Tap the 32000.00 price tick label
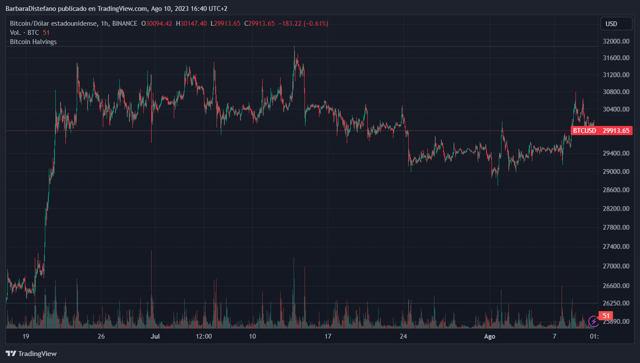[x=616, y=41]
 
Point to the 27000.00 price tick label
[x=616, y=266]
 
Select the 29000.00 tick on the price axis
[x=616, y=172]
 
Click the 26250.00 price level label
[x=616, y=303]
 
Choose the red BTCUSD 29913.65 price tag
[x=601, y=131]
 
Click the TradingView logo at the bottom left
[x=31, y=354]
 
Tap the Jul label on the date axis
[x=155, y=336]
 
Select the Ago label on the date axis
[x=490, y=336]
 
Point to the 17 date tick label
[x=328, y=336]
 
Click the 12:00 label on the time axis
[x=204, y=336]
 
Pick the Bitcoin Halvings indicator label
[x=33, y=42]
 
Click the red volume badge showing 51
[x=606, y=316]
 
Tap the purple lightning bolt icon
[x=593, y=322]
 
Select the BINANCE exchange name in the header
[x=125, y=24]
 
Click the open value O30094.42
[x=156, y=24]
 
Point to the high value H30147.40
[x=191, y=24]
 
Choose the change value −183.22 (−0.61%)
[x=303, y=24]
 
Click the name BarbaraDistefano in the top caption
[x=31, y=9]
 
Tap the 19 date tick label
[x=26, y=336]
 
